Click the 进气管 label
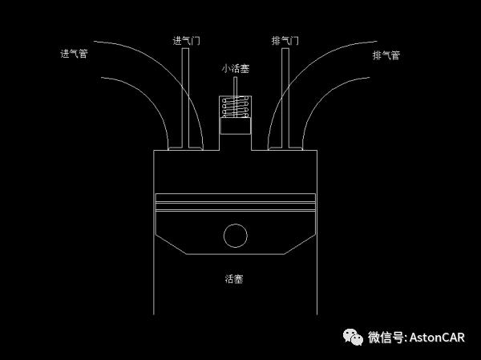tap(74, 54)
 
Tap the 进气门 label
tap(186, 41)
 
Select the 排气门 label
tap(285, 41)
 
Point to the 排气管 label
tap(386, 55)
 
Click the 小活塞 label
tap(235, 68)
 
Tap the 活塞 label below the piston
tap(234, 279)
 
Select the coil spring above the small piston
tap(235, 107)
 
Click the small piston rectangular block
tap(236, 126)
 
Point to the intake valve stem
tap(185, 98)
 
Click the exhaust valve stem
tap(285, 98)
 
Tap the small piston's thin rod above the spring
tap(235, 87)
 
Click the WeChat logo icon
tap(353, 337)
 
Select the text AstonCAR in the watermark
tap(437, 338)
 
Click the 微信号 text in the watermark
tap(386, 338)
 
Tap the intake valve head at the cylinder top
tap(186, 149)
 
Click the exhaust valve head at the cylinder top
tap(285, 149)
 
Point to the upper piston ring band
tap(235, 198)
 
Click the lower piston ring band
tap(235, 206)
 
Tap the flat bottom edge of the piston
tap(235, 254)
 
